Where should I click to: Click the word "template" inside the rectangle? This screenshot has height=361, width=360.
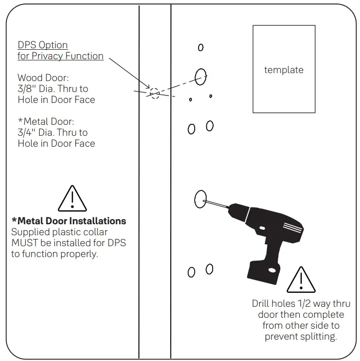click(283, 70)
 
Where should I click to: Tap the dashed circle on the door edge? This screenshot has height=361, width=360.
click(154, 93)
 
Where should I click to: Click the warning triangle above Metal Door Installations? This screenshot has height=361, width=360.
click(72, 198)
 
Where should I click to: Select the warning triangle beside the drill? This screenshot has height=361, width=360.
click(301, 280)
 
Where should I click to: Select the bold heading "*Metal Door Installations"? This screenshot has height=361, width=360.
click(69, 221)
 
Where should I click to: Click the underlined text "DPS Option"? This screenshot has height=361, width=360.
click(42, 45)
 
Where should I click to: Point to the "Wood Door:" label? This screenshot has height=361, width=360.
click(42, 78)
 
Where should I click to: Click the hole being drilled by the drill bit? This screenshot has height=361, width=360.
click(201, 199)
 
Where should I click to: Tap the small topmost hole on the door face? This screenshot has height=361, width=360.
click(201, 47)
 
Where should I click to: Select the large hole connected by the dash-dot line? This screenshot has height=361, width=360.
click(201, 77)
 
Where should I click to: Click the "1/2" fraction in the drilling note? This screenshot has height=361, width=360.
click(304, 304)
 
